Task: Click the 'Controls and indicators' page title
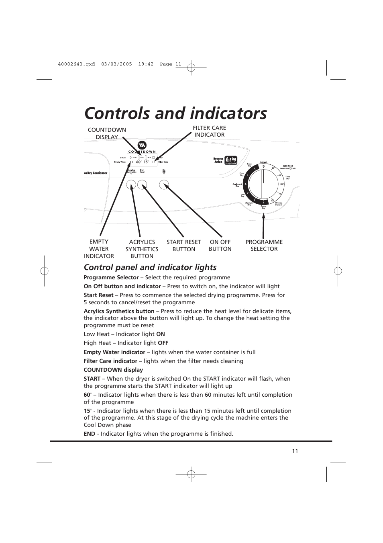[x=175, y=113]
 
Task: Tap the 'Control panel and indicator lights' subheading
[x=150, y=267]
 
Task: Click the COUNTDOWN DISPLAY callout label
[x=107, y=133]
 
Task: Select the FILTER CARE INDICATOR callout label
[x=209, y=131]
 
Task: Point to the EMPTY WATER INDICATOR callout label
[x=99, y=249]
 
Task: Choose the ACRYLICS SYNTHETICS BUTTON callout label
[x=142, y=249]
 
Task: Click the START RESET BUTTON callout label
[x=183, y=246]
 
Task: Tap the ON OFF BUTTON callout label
[x=220, y=246]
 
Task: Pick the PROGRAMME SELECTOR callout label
[x=264, y=246]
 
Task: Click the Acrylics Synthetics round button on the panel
[x=131, y=185]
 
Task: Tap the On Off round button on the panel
[x=164, y=185]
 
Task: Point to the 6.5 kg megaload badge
[x=231, y=160]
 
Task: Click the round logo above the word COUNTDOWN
[x=142, y=145]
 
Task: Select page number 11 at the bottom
[x=295, y=451]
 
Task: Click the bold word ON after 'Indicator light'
[x=161, y=334]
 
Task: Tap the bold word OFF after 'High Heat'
[x=163, y=343]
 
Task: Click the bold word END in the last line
[x=89, y=434]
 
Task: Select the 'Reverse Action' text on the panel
[x=218, y=160]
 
